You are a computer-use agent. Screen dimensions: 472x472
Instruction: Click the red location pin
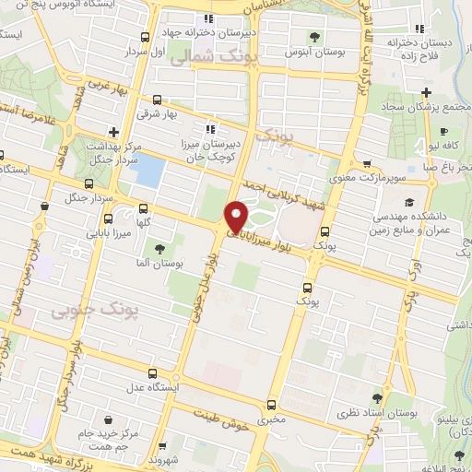[236, 216]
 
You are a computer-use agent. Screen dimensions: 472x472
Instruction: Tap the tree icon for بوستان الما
[159, 248]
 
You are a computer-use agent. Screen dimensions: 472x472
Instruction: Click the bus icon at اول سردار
[145, 38]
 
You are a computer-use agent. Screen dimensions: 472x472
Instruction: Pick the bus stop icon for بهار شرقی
[157, 100]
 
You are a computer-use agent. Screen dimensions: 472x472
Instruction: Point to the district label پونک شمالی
[222, 55]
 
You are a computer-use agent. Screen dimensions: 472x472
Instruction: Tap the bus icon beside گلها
[143, 208]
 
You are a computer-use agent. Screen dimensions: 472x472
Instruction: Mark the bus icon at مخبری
[271, 405]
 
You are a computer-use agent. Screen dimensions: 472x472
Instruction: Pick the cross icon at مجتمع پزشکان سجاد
[425, 92]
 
